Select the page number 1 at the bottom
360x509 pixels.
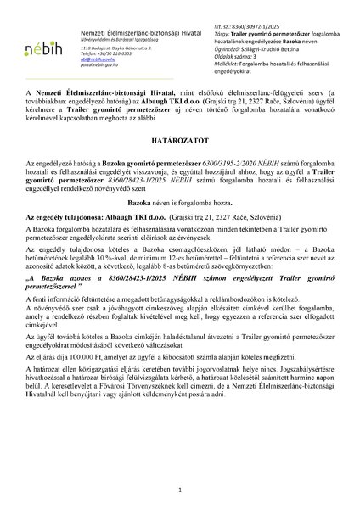(x=180, y=489)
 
